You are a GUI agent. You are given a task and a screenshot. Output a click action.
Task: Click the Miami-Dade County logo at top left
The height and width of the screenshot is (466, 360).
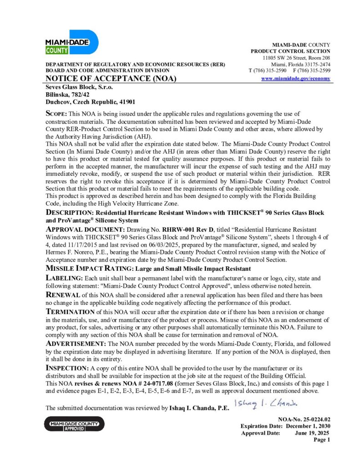[71, 42]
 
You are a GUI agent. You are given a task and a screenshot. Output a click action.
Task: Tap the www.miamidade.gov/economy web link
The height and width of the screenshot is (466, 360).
[296, 79]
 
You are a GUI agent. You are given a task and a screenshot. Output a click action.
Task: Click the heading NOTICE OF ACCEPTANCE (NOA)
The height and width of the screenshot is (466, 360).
[111, 79]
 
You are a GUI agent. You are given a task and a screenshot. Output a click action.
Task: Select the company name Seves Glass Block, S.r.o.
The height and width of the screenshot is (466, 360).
[80, 87]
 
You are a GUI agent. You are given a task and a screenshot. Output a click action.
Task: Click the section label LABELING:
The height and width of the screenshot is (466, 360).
[64, 278]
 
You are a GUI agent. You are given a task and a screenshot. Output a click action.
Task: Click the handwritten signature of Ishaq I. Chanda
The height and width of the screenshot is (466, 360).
[265, 403]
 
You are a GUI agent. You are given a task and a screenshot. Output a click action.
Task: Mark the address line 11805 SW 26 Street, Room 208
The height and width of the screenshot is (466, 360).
[296, 58]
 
